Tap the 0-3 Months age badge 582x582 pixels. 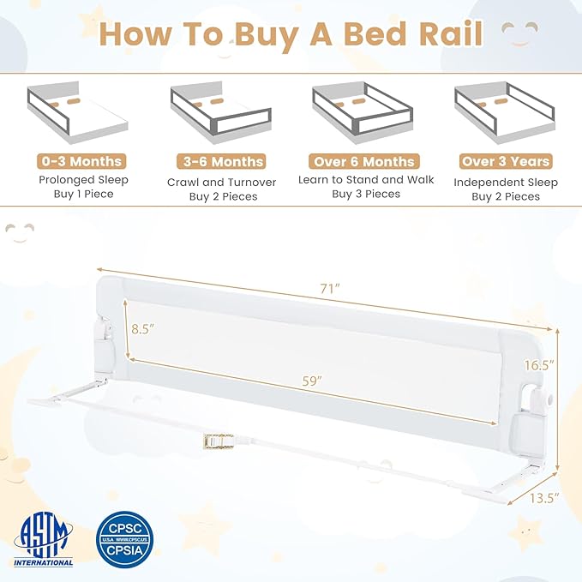pos(81,160)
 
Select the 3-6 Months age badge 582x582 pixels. pos(223,161)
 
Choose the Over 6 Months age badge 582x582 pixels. pos(365,161)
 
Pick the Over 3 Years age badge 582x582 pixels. pos(506,161)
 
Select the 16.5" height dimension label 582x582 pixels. pos(540,364)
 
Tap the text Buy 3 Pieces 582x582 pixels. pos(366,194)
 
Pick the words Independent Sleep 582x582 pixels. pos(506,182)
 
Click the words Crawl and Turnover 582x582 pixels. pos(223,181)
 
